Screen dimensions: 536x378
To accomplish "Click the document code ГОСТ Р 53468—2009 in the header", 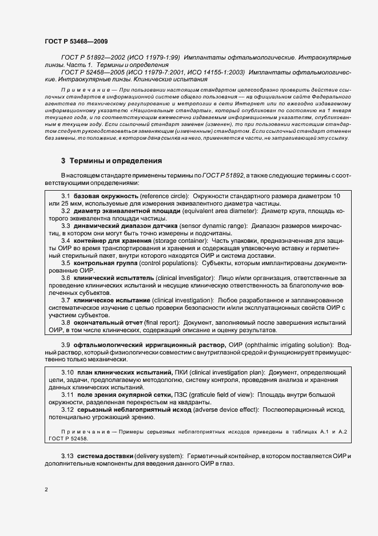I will [75, 41].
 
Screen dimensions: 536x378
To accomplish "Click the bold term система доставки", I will [104, 455].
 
